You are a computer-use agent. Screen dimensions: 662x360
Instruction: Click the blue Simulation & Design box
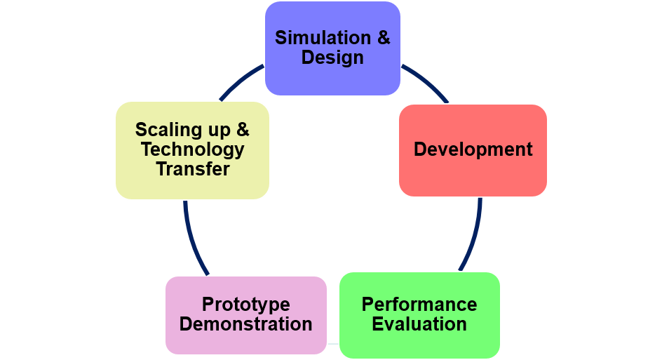[332, 48]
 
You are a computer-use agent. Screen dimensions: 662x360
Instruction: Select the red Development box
[473, 150]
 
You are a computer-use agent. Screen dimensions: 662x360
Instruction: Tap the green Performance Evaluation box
[419, 315]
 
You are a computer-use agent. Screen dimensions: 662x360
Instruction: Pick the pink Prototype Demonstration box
[246, 315]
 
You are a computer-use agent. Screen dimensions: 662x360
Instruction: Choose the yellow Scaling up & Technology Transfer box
[193, 150]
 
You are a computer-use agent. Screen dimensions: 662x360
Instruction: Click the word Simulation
[323, 38]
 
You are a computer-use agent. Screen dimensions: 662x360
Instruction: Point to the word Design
[332, 58]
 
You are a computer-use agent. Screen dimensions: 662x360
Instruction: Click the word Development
[473, 149]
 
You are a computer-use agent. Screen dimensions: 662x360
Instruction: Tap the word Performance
[419, 305]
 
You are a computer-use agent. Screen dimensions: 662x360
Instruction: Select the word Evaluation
[419, 324]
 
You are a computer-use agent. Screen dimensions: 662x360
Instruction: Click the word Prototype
[245, 305]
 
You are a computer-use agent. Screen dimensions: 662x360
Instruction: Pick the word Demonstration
[245, 324]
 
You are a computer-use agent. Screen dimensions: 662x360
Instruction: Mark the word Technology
[193, 149]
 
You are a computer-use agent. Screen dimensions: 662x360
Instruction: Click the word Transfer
[193, 169]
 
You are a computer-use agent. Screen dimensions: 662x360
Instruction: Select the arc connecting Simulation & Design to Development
[426, 82]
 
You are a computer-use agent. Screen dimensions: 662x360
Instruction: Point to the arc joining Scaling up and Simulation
[240, 81]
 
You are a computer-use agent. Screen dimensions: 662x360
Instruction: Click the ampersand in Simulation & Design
[384, 38]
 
